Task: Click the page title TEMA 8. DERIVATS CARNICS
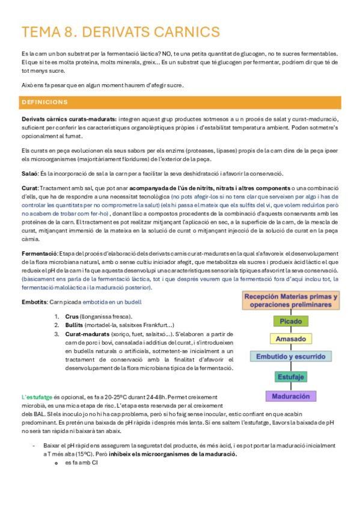[120, 31]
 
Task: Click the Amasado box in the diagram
[291, 339]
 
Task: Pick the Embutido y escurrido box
[291, 357]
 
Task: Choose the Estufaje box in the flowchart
[291, 376]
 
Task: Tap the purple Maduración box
[291, 396]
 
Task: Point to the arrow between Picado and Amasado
[291, 330]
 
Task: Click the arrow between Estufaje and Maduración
[291, 386]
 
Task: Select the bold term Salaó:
[29, 173]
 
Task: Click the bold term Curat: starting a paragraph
[29, 188]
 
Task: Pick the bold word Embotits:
[35, 301]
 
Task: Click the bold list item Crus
[72, 316]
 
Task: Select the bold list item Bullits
[75, 325]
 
